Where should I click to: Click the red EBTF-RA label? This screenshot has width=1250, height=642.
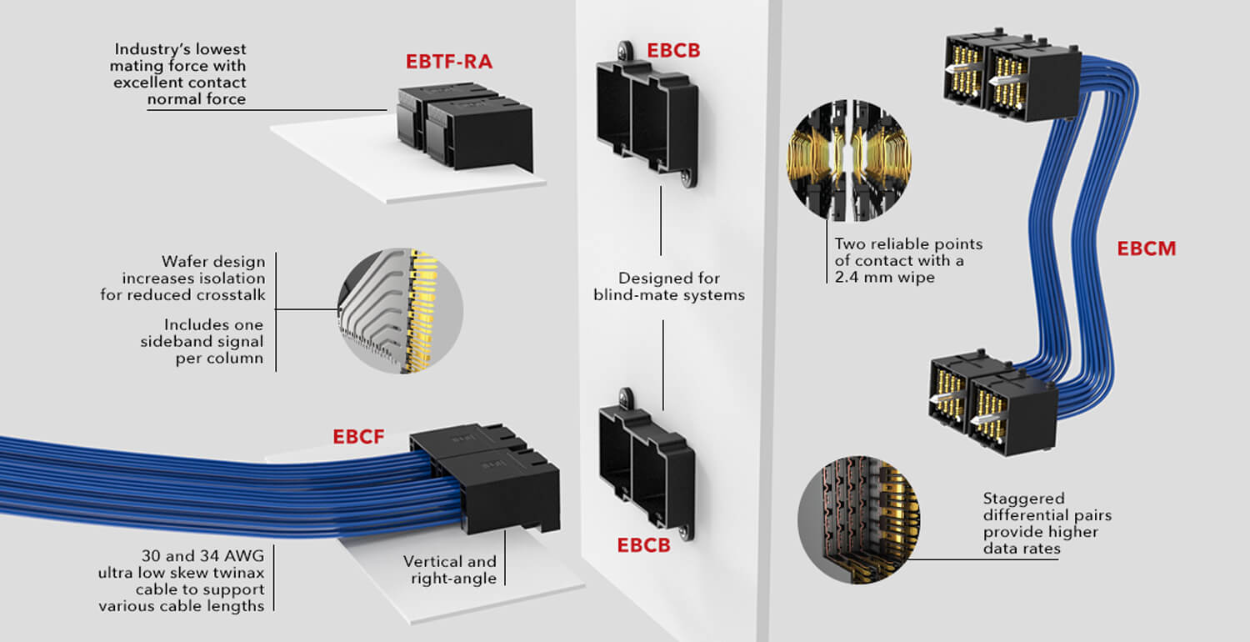pyautogui.click(x=451, y=62)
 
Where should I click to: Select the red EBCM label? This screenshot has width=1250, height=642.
pyautogui.click(x=1147, y=248)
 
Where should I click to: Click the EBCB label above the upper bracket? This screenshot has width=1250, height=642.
pyautogui.click(x=673, y=50)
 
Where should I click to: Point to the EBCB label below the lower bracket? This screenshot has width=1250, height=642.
pyautogui.click(x=643, y=545)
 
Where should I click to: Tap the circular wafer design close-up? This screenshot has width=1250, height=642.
pyautogui.click(x=400, y=310)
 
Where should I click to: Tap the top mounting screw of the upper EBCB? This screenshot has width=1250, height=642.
pyautogui.click(x=623, y=50)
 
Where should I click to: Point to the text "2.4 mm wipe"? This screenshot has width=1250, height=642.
pyautogui.click(x=884, y=277)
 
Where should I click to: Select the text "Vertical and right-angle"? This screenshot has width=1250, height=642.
pyautogui.click(x=450, y=569)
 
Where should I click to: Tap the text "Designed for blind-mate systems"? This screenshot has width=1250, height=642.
pyautogui.click(x=668, y=286)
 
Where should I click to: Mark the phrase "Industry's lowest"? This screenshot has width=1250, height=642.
pyautogui.click(x=180, y=48)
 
